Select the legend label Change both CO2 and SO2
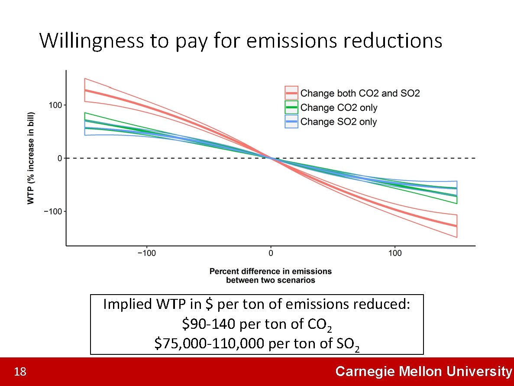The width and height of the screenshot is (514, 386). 360,93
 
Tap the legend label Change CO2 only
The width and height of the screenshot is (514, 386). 339,107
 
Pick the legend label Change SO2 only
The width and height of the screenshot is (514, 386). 338,122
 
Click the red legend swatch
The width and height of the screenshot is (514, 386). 291,93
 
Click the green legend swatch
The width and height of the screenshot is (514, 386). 291,107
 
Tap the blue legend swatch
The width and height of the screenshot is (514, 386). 291,122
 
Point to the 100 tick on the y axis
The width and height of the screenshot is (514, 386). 56,105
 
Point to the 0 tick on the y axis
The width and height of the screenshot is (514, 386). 60,159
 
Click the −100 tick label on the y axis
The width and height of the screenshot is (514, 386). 54,211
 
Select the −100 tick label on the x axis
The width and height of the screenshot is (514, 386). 146,253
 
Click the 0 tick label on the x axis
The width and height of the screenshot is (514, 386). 271,253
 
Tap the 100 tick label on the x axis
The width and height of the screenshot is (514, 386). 395,253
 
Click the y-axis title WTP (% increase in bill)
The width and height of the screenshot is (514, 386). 31,158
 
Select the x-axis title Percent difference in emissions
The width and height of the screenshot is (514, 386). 271,272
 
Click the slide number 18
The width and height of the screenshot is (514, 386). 20,372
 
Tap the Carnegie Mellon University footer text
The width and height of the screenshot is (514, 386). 423,372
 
